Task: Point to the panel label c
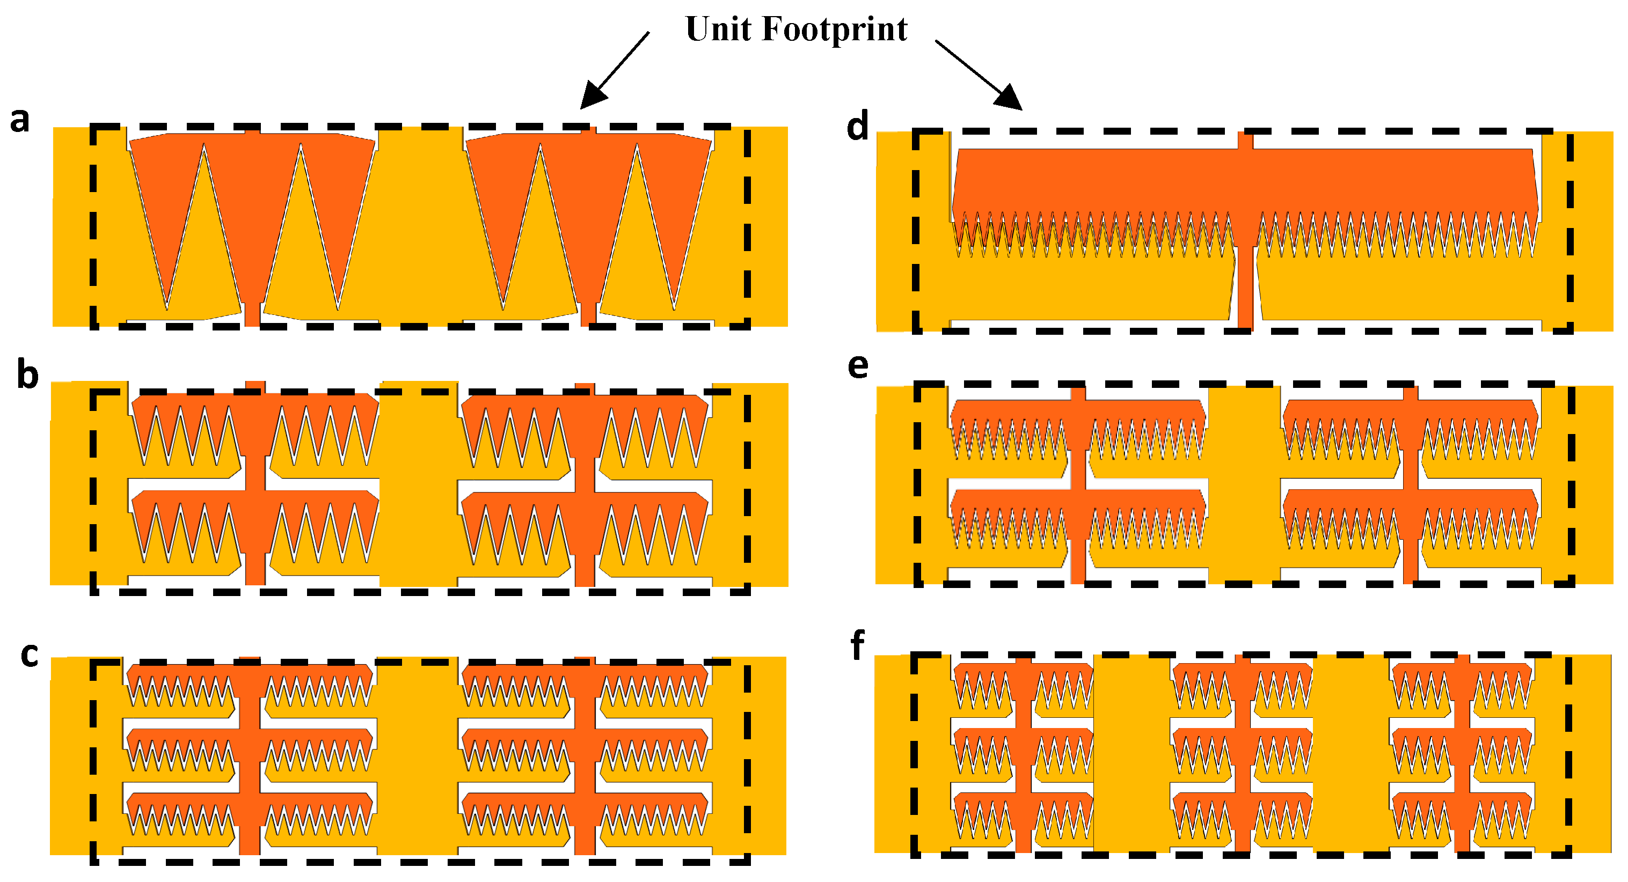[x=29, y=655]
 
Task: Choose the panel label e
[x=858, y=366]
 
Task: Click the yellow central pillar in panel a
[x=420, y=227]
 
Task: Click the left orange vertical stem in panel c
[x=250, y=758]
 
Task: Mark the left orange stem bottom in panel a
[x=252, y=314]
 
